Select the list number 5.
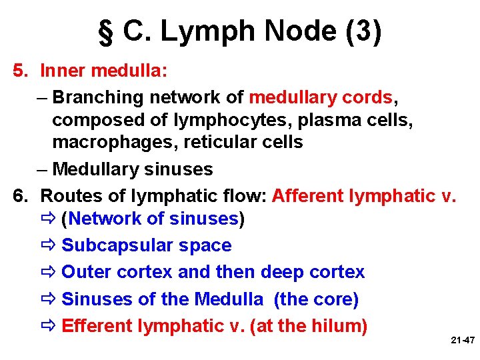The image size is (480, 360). tap(21, 70)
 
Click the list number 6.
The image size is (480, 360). tap(21, 196)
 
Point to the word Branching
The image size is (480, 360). tap(98, 97)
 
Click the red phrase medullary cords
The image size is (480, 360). tap(321, 97)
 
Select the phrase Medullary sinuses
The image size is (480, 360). tap(132, 169)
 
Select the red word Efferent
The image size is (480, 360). tap(97, 326)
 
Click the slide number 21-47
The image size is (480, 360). tap(462, 340)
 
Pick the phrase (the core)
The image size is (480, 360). tap(316, 299)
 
